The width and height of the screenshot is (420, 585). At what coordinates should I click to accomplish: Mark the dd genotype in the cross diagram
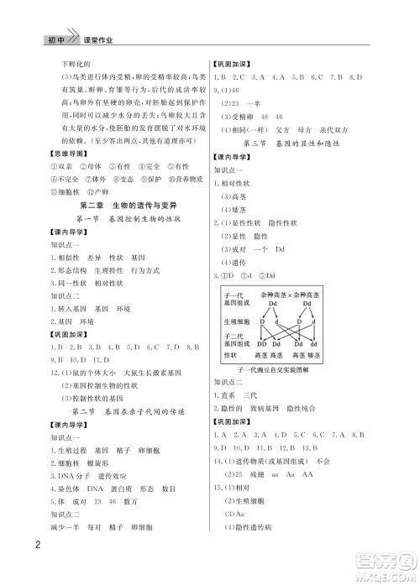322,343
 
